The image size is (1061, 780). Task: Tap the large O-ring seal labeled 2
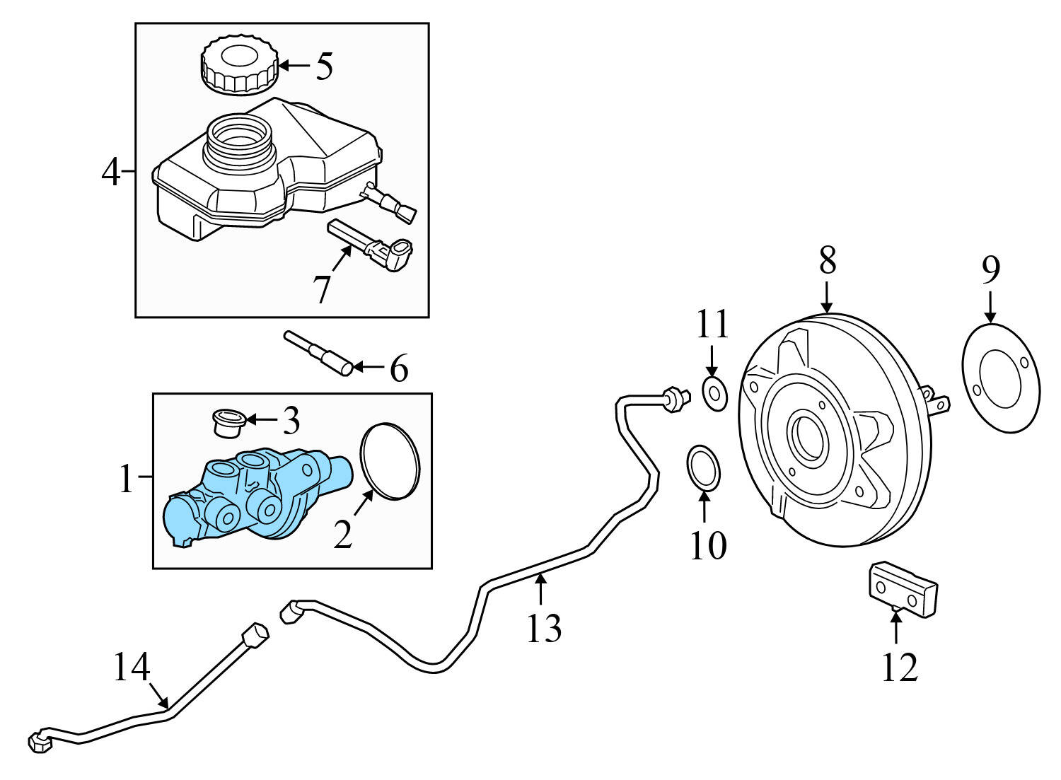tap(390, 462)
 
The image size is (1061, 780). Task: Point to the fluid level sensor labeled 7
tap(371, 245)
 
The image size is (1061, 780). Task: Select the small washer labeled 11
tap(714, 394)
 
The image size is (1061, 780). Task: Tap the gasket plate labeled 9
tap(1001, 378)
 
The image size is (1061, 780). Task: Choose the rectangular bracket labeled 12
tap(902, 589)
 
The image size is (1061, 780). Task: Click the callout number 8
tap(827, 260)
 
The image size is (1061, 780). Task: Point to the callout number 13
tap(543, 627)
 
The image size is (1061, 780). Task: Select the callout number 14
tap(132, 667)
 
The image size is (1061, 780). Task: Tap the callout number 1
tap(126, 480)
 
